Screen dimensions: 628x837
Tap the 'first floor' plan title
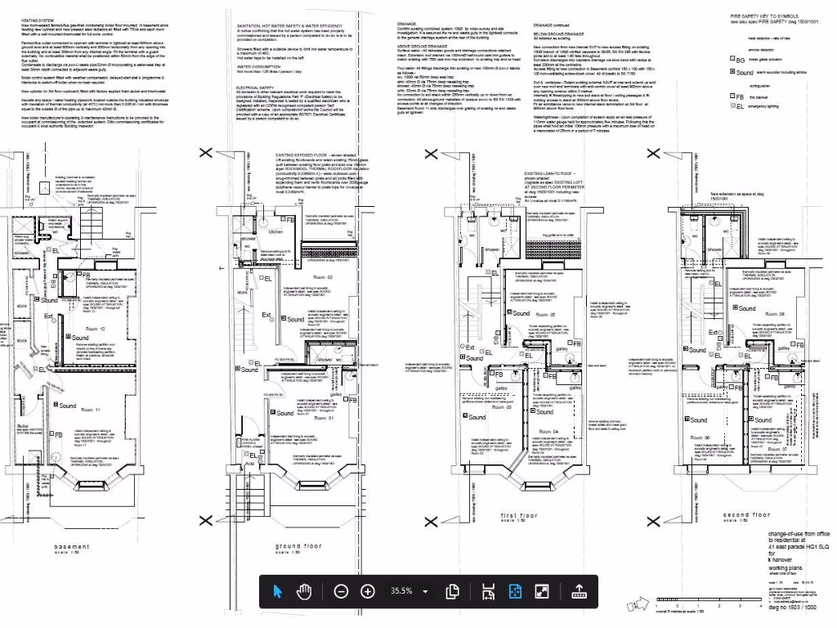coord(519,515)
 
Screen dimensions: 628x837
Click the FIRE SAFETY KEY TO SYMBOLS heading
coord(765,16)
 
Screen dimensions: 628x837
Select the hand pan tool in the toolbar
coord(304,591)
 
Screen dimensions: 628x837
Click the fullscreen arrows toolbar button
coord(541,591)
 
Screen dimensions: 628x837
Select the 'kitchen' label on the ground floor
coord(275,232)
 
